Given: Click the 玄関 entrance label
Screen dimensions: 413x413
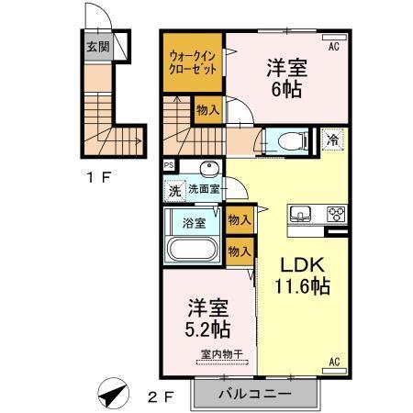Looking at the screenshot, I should tap(97, 46).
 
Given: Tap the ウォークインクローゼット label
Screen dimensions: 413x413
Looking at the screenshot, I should tap(193, 61).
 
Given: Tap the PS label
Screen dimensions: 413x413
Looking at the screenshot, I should tap(169, 165).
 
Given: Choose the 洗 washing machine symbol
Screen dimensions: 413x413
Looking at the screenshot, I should tap(174, 191).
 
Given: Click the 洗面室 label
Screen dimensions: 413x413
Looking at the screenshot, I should tap(204, 189).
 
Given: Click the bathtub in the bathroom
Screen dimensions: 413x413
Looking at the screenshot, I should tap(192, 249).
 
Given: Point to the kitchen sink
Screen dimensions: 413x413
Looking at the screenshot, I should tap(300, 215).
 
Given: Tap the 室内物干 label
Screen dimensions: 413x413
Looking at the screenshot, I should tap(217, 354).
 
